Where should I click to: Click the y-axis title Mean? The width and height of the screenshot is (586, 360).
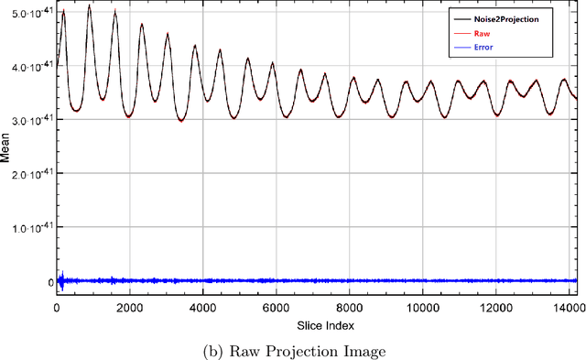click(7, 149)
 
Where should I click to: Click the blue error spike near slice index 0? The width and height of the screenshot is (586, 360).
click(60, 279)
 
